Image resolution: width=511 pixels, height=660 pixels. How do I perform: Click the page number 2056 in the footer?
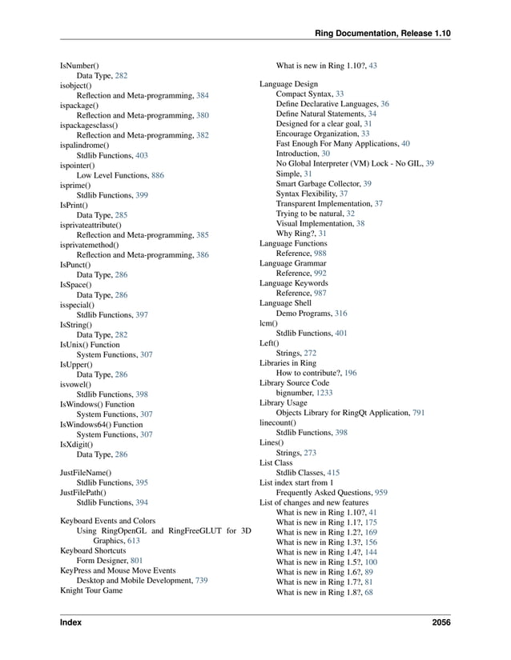point(440,622)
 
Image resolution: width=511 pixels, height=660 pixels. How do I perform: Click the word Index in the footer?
point(70,622)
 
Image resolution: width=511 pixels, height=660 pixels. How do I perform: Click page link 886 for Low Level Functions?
point(158,174)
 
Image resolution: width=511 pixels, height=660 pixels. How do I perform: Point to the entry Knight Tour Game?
point(91,590)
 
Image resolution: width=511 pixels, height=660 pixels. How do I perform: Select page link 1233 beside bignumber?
point(324,393)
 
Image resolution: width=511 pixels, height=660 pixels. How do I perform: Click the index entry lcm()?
point(268,322)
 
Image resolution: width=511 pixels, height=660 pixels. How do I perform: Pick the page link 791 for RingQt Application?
point(418,413)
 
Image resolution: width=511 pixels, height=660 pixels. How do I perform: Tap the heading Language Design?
point(288,84)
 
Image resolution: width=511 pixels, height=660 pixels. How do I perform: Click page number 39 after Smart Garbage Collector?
point(367,183)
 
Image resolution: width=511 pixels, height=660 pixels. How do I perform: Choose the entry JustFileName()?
point(86,473)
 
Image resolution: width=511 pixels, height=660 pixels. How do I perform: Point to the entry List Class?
point(276,462)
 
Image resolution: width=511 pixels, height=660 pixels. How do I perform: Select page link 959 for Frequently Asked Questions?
point(381,493)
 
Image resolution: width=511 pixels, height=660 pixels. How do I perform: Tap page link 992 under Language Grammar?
point(320,273)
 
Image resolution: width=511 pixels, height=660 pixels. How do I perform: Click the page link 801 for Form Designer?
point(136,561)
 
